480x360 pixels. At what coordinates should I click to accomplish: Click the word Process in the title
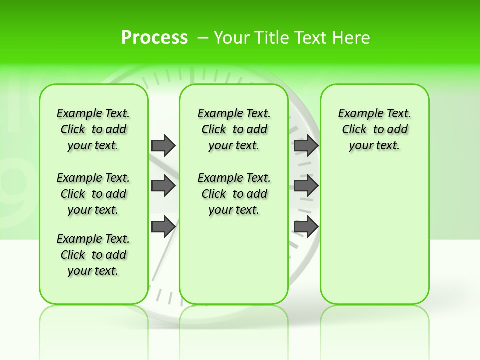tap(154, 38)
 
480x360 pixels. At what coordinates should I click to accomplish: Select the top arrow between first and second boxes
tap(163, 145)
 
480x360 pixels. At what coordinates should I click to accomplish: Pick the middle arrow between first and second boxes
tap(163, 186)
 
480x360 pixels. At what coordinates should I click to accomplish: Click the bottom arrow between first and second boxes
tap(163, 226)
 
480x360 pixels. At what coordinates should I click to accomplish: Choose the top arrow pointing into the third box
tap(306, 145)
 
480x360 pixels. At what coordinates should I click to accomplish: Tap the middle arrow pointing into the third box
tap(306, 186)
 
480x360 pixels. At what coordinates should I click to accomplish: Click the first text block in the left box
tap(93, 129)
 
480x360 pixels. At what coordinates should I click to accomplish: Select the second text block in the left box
tap(93, 194)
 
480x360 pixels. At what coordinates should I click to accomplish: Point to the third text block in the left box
tap(93, 255)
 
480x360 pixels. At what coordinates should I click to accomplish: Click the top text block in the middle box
tap(234, 129)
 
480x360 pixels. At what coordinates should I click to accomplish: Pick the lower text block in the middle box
tap(234, 194)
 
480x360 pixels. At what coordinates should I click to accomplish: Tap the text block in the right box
tap(374, 129)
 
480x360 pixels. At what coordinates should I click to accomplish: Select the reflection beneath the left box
tap(93, 325)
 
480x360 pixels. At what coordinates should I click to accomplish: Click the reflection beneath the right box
tap(374, 325)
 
